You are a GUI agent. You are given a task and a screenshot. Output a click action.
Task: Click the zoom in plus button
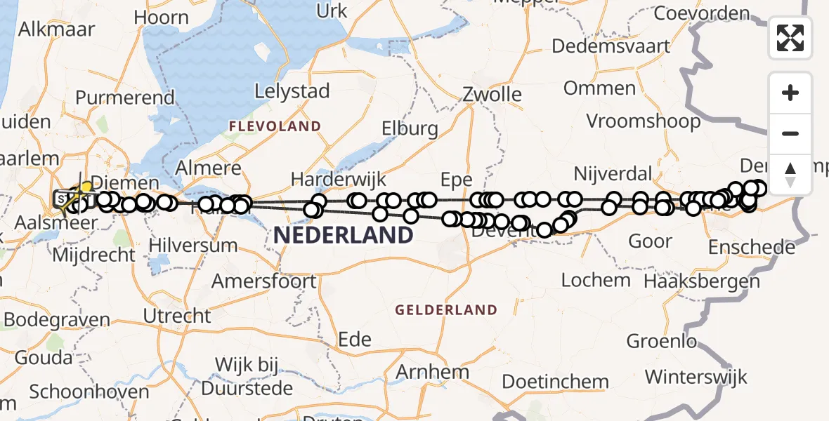point(790,93)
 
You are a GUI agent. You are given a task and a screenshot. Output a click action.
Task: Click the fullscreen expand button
point(790,38)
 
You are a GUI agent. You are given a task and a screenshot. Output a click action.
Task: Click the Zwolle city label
point(492,94)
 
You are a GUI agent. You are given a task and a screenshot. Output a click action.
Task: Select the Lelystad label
point(292,91)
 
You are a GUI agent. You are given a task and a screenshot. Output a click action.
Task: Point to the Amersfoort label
point(264,281)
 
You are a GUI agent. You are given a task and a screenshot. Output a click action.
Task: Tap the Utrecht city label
point(177,316)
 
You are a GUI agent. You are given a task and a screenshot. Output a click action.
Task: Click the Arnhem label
point(433,371)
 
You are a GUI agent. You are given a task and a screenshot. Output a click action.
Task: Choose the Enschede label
point(752,248)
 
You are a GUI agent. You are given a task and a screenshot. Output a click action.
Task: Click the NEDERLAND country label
point(343,235)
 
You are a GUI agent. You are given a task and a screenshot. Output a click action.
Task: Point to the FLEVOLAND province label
point(274,127)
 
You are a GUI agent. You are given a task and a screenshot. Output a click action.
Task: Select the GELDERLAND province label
point(446,309)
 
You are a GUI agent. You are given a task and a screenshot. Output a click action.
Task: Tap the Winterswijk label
point(696,377)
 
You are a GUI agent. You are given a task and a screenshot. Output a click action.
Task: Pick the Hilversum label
point(193,246)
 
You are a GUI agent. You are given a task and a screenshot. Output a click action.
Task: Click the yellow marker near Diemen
point(86,187)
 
